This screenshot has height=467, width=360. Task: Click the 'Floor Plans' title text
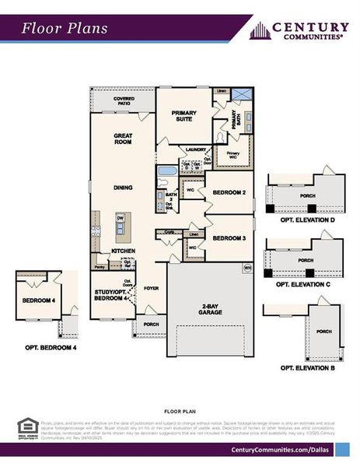(x=64, y=29)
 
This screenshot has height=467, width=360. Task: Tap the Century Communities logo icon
(x=260, y=30)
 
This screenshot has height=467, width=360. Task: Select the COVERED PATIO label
(x=123, y=102)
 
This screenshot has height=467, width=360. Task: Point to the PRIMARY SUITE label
(x=184, y=116)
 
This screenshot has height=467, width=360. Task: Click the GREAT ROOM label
(x=123, y=139)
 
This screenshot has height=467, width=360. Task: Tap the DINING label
(x=123, y=188)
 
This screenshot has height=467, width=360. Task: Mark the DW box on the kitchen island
(x=121, y=219)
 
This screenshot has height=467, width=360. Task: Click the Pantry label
(x=100, y=267)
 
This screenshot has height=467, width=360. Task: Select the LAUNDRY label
(x=194, y=149)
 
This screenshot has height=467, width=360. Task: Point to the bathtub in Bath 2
(x=167, y=171)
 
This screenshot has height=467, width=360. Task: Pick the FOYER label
(x=151, y=287)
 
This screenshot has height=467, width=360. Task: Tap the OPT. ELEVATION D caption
(x=306, y=220)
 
